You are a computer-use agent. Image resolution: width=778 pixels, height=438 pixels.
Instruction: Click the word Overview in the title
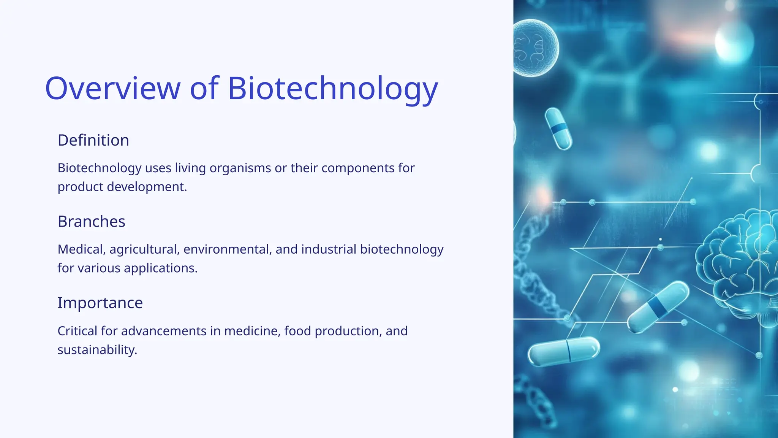[x=112, y=88]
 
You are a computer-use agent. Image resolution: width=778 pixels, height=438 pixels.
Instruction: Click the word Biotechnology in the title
[x=332, y=88]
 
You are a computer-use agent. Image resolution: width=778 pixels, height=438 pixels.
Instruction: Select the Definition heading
[x=93, y=140]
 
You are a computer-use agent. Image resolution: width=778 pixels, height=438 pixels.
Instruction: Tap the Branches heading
[x=91, y=221]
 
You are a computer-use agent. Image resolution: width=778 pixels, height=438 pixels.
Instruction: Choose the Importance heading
[x=100, y=303]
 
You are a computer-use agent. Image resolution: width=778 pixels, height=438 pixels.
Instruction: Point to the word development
[x=147, y=187]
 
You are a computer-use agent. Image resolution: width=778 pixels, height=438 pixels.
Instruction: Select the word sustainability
[x=97, y=350]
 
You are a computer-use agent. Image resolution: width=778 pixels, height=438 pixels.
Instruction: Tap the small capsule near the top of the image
[x=558, y=129]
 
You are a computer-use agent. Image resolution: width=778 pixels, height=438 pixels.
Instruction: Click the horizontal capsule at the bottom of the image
[x=564, y=351]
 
